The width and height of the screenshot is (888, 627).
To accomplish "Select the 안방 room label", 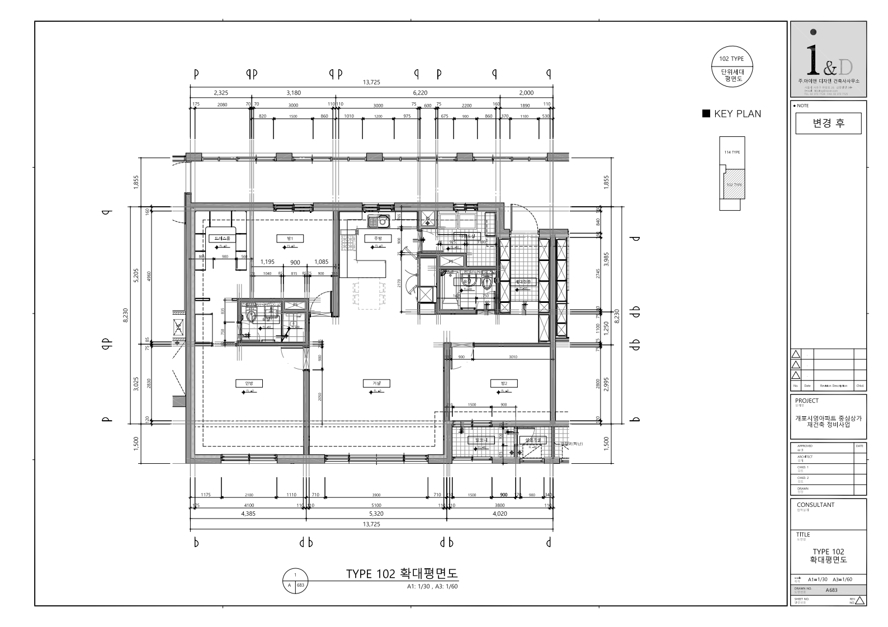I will (x=241, y=383).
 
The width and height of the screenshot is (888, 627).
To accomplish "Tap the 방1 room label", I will (x=290, y=239).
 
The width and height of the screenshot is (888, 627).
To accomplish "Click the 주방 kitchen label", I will (x=377, y=239).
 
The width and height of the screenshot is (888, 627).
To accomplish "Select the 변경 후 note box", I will (x=828, y=123).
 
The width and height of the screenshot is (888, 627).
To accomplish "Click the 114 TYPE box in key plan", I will (x=732, y=152).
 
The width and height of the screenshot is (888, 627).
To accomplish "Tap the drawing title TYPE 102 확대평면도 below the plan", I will (x=402, y=574).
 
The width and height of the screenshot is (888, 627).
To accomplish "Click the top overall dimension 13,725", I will (x=371, y=82).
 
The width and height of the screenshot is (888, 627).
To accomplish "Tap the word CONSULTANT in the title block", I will (x=815, y=505).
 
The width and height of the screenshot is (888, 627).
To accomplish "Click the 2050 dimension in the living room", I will (x=320, y=396).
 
